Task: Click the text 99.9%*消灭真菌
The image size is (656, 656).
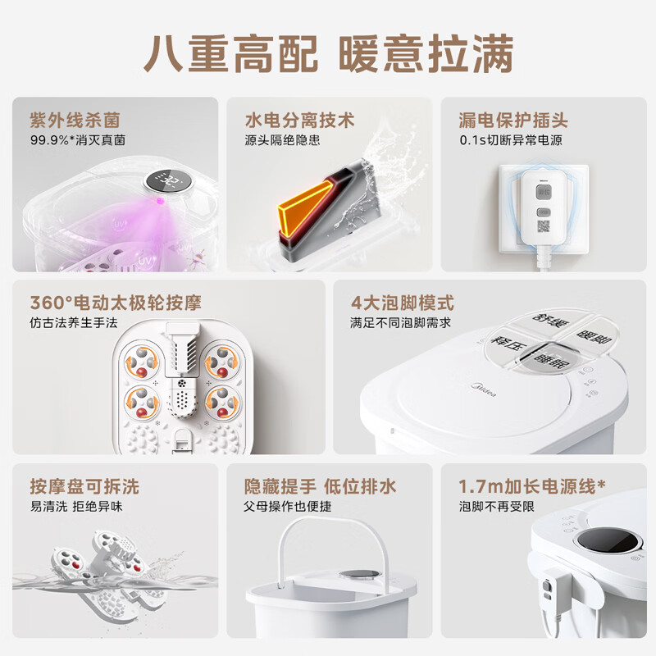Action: click(77, 140)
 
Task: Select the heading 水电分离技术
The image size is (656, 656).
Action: click(300, 121)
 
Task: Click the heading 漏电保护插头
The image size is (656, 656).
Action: click(513, 121)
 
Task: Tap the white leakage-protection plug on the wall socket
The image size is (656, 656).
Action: click(542, 208)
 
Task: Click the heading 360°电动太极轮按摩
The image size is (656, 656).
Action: click(116, 303)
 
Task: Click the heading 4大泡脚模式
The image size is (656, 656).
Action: click(403, 303)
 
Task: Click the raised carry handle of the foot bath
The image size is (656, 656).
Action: click(328, 526)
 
